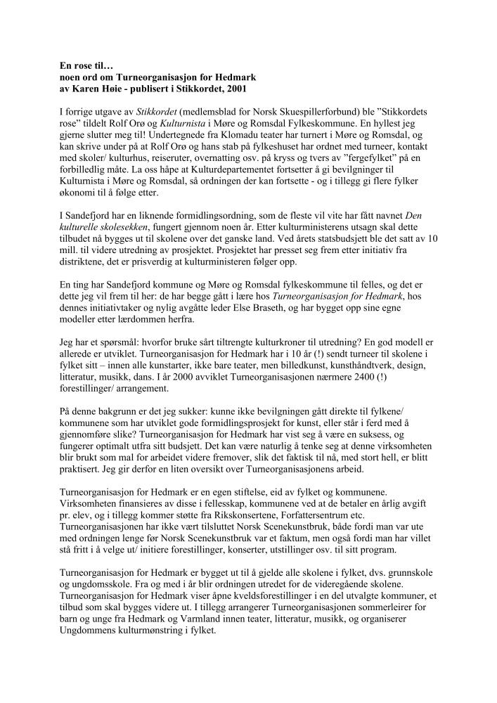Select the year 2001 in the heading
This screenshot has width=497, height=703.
[x=235, y=89]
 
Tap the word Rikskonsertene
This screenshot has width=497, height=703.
[x=231, y=513]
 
